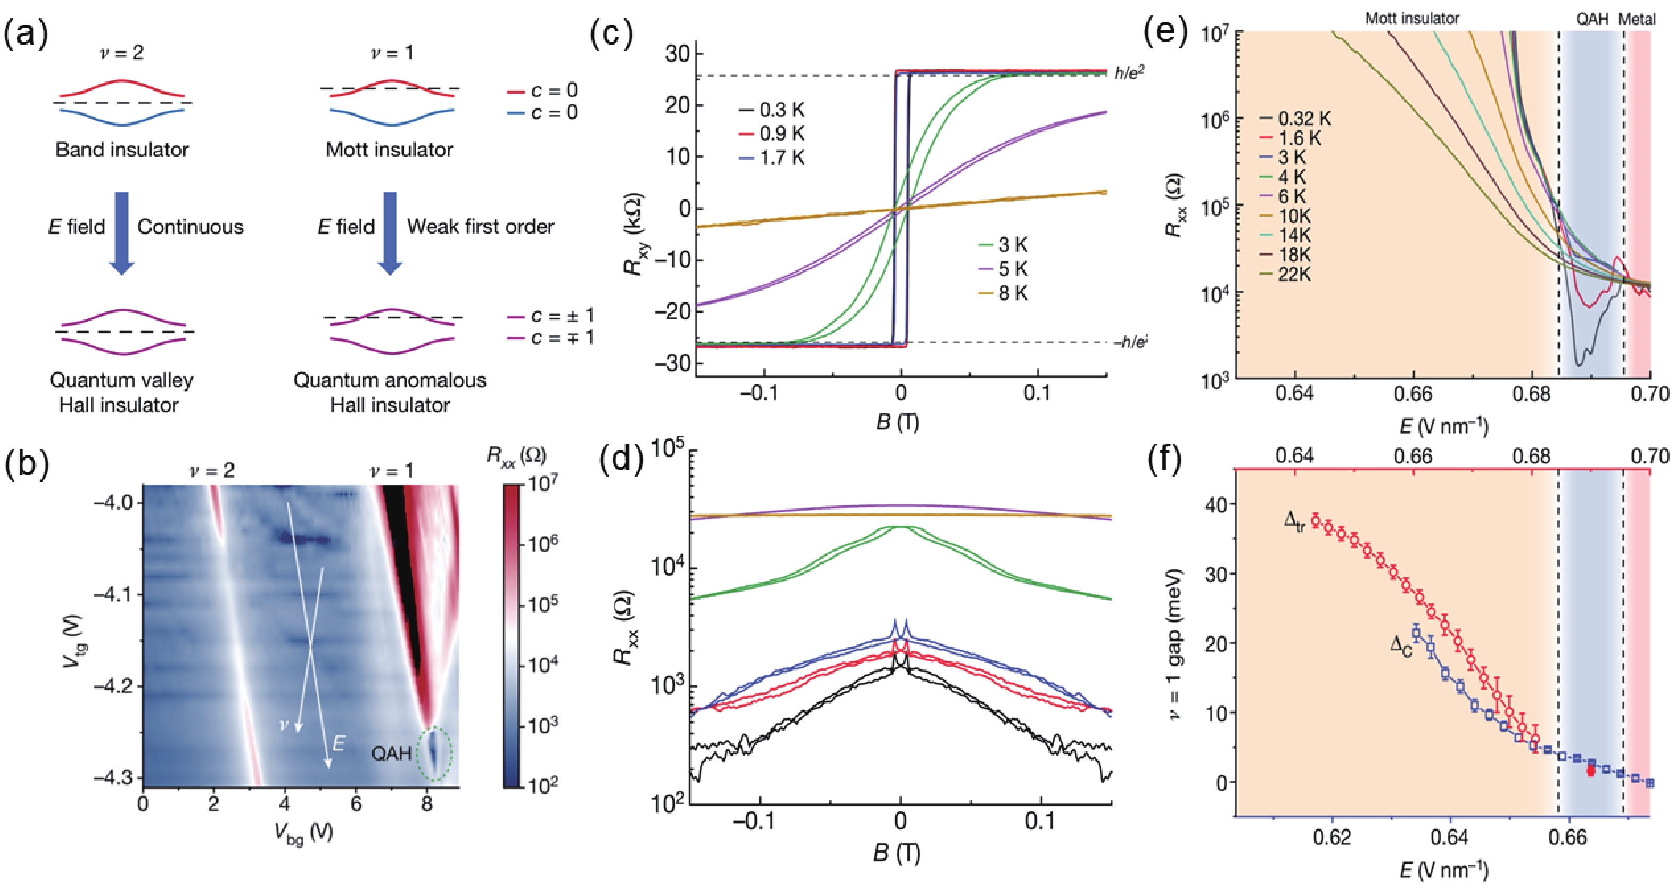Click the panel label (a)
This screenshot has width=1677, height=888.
click(26, 34)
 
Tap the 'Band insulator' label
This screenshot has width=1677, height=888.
click(122, 150)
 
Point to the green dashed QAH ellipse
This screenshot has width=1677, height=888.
click(434, 753)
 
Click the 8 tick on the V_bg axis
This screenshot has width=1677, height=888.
click(427, 804)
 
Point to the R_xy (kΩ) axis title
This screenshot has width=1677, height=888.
click(634, 234)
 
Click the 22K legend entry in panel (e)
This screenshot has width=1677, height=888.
click(1285, 275)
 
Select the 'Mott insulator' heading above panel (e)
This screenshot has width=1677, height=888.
click(1411, 18)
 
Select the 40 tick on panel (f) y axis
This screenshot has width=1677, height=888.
click(1215, 505)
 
